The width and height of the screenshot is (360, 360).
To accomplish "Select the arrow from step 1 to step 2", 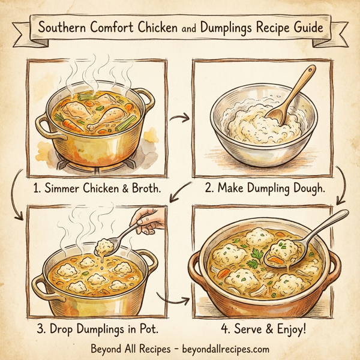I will coord(178,118).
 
